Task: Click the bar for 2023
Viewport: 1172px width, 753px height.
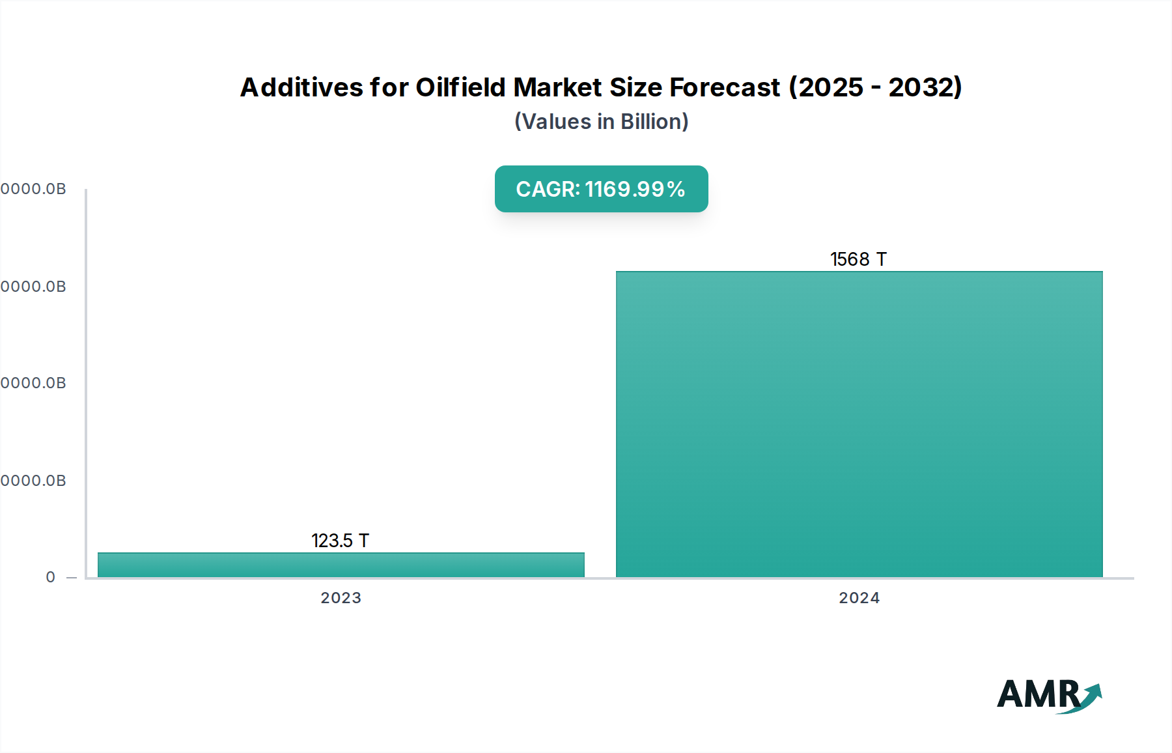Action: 341,565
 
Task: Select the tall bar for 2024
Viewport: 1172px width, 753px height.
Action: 859,423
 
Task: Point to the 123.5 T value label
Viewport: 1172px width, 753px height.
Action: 340,541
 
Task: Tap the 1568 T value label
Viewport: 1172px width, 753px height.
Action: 858,259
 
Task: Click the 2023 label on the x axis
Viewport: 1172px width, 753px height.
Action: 341,598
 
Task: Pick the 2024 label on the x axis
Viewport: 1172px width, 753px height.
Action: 859,598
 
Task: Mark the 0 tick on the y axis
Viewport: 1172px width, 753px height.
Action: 51,577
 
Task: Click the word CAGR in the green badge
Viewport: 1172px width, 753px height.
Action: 547,190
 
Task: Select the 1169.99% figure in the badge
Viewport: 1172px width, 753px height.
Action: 635,190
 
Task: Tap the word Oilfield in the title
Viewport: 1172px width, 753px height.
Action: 461,87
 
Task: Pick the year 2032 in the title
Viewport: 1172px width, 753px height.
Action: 921,87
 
